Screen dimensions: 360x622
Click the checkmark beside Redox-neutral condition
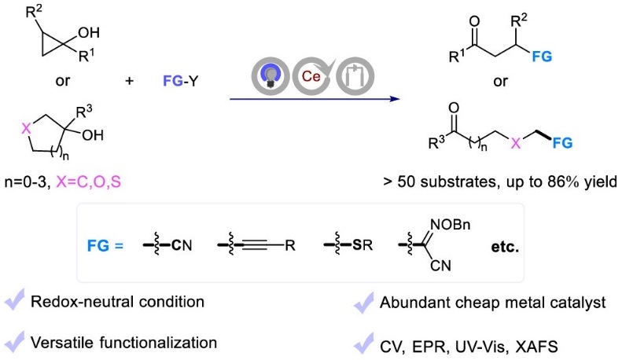point(15,301)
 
